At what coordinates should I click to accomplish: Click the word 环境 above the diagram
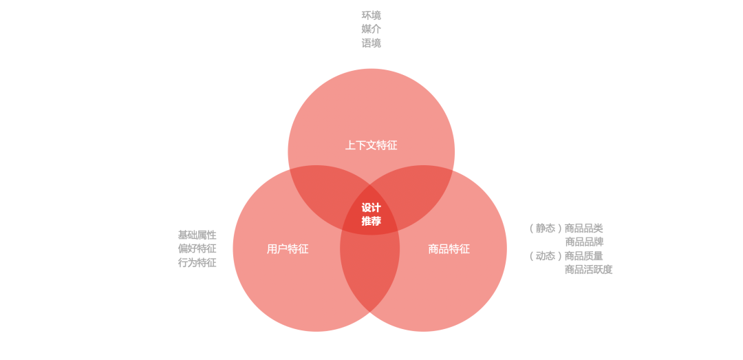pyautogui.click(x=371, y=15)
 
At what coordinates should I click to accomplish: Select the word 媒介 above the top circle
pyautogui.click(x=371, y=29)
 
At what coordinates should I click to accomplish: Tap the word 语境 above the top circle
pyautogui.click(x=371, y=43)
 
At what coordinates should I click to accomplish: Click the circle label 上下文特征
pyautogui.click(x=371, y=145)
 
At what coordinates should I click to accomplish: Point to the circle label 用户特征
pyautogui.click(x=288, y=249)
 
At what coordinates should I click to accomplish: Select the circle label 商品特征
pyautogui.click(x=449, y=249)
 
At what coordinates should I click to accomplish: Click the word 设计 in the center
pyautogui.click(x=371, y=208)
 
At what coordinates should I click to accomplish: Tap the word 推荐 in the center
pyautogui.click(x=371, y=221)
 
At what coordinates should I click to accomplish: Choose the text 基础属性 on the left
pyautogui.click(x=197, y=235)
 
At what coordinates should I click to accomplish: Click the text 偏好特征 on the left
pyautogui.click(x=197, y=248)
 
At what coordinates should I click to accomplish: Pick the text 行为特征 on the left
pyautogui.click(x=197, y=262)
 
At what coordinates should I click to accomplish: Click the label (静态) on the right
pyautogui.click(x=546, y=228)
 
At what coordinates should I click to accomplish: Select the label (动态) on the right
pyautogui.click(x=546, y=255)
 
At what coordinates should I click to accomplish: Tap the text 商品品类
pyautogui.click(x=584, y=228)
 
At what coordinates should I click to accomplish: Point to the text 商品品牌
pyautogui.click(x=584, y=242)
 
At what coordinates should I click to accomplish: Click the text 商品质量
pyautogui.click(x=584, y=255)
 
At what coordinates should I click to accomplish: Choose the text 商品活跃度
pyautogui.click(x=588, y=269)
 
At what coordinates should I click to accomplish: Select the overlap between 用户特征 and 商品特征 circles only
pyautogui.click(x=370, y=275)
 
